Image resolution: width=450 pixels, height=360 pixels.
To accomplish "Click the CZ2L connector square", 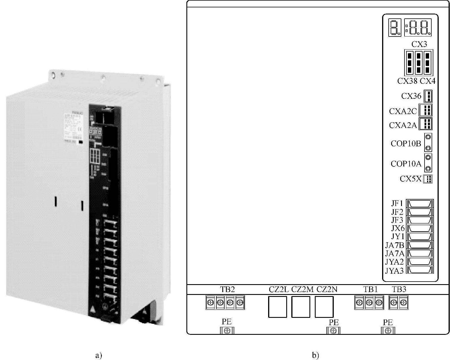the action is point(277,307).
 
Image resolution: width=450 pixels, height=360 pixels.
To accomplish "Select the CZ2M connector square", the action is point(301,307).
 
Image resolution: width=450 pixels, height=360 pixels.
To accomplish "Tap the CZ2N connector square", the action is point(324,307).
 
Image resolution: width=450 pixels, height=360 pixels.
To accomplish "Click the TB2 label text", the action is point(227,289).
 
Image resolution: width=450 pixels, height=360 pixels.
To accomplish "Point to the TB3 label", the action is point(399,289).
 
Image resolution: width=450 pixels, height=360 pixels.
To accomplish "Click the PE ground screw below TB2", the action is point(227,331).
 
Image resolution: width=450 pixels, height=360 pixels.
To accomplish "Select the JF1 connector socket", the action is point(420,203).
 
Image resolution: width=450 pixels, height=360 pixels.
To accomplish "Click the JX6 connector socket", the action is point(420,228).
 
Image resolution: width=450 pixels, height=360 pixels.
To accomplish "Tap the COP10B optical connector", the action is point(428,142).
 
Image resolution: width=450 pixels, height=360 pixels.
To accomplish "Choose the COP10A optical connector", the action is point(428,163).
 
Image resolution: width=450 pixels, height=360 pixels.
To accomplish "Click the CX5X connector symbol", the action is point(428,179).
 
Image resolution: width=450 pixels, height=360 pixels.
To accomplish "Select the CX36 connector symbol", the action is point(428,96).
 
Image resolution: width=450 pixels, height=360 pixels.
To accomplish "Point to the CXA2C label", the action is point(403,111).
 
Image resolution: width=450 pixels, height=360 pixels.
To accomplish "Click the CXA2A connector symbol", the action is point(426,124).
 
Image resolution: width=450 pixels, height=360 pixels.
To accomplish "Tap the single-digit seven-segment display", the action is point(395,28).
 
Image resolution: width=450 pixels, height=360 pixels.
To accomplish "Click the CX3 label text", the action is point(419,44).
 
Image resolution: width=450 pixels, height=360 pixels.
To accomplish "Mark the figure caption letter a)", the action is point(99,355).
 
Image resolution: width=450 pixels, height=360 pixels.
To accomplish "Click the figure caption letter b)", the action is point(316,355).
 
